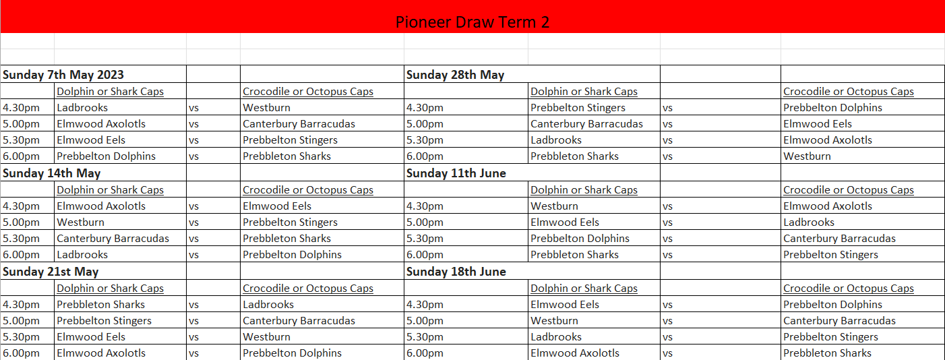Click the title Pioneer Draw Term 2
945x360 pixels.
coord(472,22)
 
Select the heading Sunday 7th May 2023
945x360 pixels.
coord(63,75)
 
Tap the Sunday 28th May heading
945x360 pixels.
coord(455,75)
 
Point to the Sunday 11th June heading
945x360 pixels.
coord(456,173)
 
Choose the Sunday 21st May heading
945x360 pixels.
coord(51,272)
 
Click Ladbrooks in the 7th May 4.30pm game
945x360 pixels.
coord(82,108)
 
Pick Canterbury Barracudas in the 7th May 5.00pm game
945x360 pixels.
coord(299,123)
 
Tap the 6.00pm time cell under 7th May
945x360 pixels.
coord(21,156)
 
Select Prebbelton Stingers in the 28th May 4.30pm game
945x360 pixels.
coord(578,108)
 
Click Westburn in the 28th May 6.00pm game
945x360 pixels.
coord(807,156)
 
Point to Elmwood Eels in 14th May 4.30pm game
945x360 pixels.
coord(277,206)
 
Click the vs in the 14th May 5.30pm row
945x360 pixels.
coord(193,239)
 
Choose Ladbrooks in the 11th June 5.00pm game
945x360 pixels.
coord(809,222)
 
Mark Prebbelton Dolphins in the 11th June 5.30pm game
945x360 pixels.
coord(580,239)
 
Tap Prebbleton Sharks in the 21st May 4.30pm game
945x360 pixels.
coord(101,304)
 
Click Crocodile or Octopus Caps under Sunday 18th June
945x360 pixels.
coord(849,289)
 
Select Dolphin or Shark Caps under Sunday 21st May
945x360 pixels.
coord(110,289)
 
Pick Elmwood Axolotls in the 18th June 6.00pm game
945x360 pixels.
coord(575,353)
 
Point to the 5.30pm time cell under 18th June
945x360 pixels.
coord(425,337)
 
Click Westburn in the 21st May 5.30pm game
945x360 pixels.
coord(266,337)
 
